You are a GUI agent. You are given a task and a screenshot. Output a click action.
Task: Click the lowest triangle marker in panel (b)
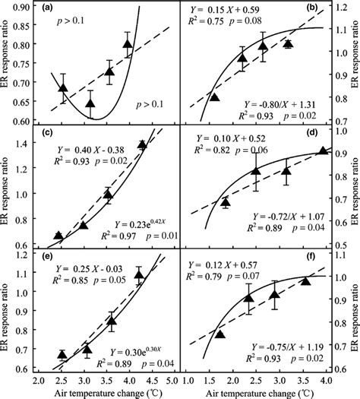point(214,97)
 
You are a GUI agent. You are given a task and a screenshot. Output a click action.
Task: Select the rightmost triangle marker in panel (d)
point(323,150)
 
